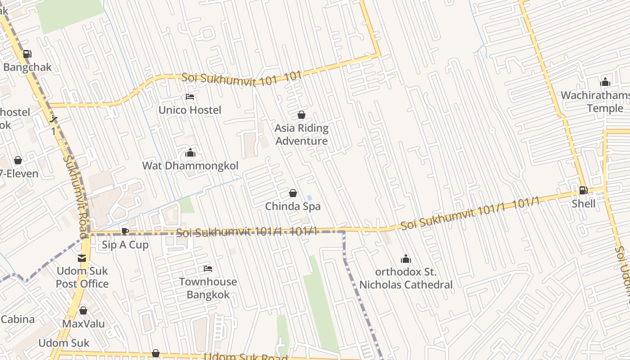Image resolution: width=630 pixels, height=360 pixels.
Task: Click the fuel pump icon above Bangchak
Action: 27,54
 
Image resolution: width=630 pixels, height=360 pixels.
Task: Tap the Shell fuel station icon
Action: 583,190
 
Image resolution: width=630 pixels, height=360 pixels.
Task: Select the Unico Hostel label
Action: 190,110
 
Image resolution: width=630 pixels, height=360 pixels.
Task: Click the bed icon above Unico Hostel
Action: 190,97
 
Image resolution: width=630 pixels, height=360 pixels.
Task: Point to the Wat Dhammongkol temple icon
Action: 190,153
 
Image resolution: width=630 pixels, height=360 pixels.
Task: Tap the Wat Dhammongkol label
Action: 190,166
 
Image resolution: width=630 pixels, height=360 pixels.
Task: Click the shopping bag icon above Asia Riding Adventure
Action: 301,115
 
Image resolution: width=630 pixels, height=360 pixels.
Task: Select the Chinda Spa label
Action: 292,207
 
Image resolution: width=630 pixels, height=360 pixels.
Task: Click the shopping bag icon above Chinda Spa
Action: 293,193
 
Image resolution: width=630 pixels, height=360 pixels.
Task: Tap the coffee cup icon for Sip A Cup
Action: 125,232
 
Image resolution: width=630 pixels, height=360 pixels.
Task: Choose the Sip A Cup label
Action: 125,245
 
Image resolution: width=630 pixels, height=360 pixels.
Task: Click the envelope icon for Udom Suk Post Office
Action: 82,258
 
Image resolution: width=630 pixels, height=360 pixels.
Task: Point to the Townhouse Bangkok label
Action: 208,288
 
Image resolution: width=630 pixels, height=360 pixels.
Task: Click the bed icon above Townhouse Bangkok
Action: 208,269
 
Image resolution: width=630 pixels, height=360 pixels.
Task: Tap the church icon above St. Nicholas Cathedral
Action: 406,259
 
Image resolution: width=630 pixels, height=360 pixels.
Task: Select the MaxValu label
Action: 83,324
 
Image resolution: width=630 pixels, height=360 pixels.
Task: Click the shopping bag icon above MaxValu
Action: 83,311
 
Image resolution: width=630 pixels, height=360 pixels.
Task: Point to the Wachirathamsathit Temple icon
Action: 605,82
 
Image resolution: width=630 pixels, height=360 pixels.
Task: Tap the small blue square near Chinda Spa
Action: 309,198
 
